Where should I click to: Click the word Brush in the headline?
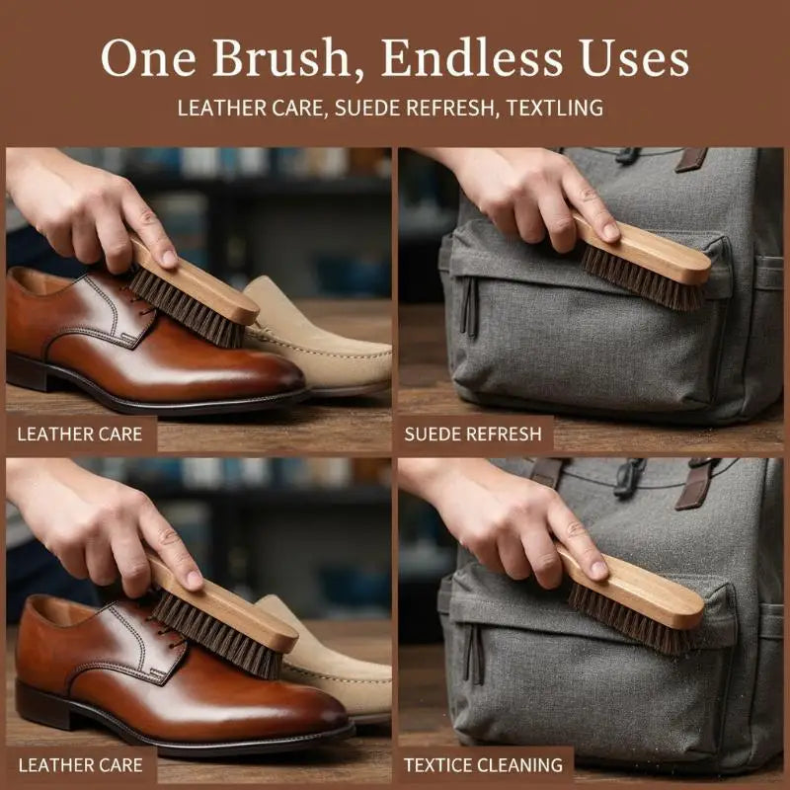281,57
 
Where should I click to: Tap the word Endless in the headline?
471,57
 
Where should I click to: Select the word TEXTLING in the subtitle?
555,108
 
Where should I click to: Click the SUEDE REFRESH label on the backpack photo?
473,434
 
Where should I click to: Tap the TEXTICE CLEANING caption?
483,764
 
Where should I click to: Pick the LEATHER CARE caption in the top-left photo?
80,434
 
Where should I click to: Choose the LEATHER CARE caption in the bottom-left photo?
81,764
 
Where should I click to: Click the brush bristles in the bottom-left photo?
216,636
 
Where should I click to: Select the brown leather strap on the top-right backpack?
691,159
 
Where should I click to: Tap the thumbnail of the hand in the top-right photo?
610,231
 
